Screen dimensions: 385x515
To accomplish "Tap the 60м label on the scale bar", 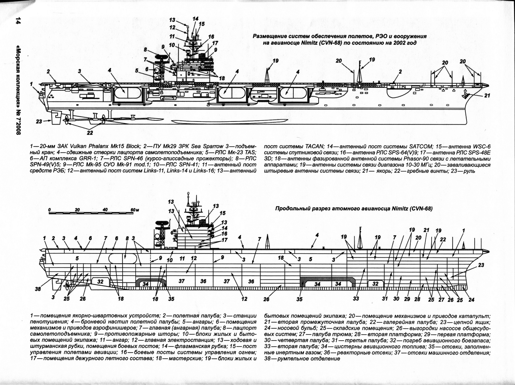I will pos(135,209).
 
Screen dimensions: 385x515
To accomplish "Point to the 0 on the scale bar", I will pos(49,209).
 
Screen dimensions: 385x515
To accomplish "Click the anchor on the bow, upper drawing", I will pos(465,96).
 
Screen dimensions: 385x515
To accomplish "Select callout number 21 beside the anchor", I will pos(487,96).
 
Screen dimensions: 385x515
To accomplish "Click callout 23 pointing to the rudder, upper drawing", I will pos(39,122).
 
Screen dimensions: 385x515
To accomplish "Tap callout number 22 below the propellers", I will pos(90,133).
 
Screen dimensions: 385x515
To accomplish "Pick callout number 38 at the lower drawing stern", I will pos(38,289).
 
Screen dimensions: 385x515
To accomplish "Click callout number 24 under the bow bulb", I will pos(472,300).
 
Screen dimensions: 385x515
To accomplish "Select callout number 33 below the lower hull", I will pos(356,299).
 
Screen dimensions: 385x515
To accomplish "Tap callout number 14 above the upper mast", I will pos(196,19).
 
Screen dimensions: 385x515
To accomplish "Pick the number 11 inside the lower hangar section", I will pos(182,258).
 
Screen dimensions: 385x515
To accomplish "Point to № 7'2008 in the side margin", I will pos(18,118).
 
